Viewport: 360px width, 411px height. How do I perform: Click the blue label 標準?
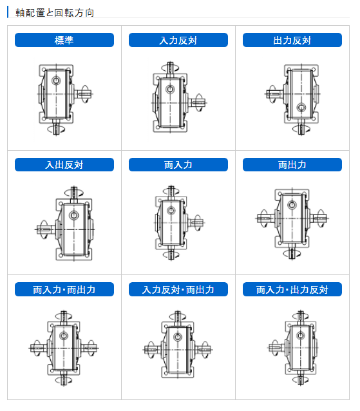coord(64,40)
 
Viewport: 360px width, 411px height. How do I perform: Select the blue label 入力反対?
coord(178,40)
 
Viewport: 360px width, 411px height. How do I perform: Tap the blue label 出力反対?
coord(292,40)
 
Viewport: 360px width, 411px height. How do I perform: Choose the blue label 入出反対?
coord(64,164)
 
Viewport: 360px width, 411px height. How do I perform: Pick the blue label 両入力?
coord(178,164)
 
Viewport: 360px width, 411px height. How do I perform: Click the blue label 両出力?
coord(292,164)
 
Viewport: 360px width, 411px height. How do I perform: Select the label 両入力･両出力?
coord(64,289)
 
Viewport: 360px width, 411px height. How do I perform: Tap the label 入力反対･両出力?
coord(178,289)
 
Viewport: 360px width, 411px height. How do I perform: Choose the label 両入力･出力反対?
coord(292,289)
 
